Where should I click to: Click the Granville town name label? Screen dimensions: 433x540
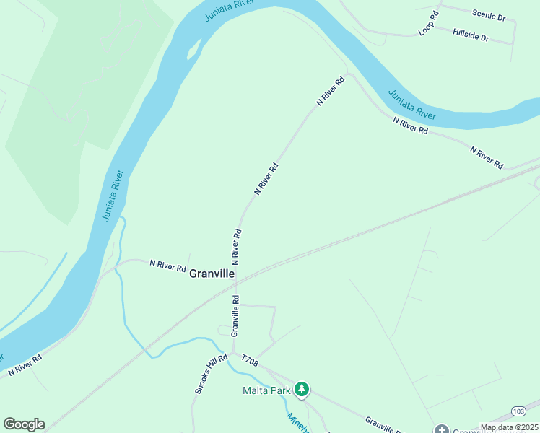(x=212, y=274)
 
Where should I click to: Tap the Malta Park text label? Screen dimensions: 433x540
(x=265, y=390)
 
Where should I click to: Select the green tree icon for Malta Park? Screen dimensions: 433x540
(x=302, y=390)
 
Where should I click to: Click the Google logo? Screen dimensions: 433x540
(x=24, y=424)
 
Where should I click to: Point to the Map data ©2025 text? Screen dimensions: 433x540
(x=509, y=427)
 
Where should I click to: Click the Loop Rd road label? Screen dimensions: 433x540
(x=429, y=24)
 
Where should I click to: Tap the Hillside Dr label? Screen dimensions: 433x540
(x=471, y=34)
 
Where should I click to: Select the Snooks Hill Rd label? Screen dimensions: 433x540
(x=205, y=374)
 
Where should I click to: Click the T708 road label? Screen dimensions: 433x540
(x=249, y=359)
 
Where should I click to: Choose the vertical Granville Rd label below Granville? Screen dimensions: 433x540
(x=235, y=315)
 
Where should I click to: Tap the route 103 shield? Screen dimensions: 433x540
(x=518, y=411)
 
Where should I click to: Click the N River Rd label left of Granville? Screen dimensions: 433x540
(x=167, y=266)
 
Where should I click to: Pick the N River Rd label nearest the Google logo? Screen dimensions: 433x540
(x=25, y=364)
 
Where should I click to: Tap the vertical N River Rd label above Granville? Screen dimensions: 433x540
(x=236, y=246)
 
